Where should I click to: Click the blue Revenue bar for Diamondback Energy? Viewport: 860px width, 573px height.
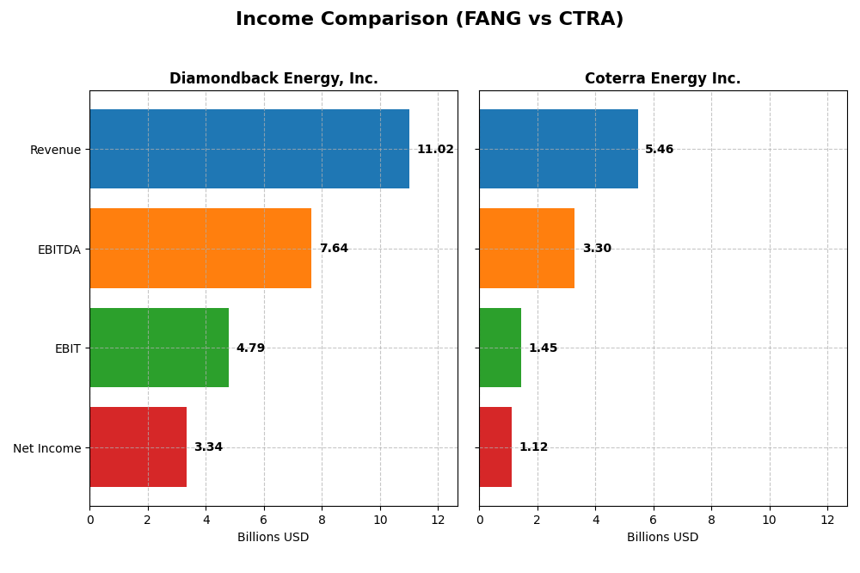[x=249, y=149]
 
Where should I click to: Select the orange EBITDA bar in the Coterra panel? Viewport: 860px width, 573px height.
[x=526, y=249]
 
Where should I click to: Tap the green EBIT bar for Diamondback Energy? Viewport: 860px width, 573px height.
[x=159, y=348]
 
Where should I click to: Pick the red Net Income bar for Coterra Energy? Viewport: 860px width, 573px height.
[x=495, y=447]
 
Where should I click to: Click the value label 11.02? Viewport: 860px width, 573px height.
[x=435, y=150]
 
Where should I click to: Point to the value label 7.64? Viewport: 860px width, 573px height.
[x=334, y=249]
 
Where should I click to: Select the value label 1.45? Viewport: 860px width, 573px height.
[x=543, y=348]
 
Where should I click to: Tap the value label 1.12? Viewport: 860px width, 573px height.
[x=533, y=447]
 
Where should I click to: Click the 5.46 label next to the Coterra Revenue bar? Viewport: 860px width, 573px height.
[x=660, y=150]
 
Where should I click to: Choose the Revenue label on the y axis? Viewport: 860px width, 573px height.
[x=55, y=150]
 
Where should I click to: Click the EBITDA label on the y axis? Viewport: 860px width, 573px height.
[x=58, y=250]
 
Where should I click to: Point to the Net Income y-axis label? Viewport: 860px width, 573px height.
[x=46, y=448]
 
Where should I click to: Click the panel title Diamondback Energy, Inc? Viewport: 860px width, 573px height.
[x=273, y=79]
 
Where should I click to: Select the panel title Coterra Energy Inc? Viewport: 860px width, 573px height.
[x=662, y=79]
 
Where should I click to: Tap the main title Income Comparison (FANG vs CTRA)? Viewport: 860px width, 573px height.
[x=429, y=20]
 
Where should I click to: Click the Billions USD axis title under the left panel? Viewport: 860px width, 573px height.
[x=273, y=538]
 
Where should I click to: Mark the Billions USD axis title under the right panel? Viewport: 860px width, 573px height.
[x=662, y=538]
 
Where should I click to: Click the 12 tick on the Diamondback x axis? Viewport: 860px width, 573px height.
[x=438, y=520]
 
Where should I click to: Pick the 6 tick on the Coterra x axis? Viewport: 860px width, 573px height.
[x=654, y=520]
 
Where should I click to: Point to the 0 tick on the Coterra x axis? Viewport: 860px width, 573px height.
[x=480, y=520]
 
